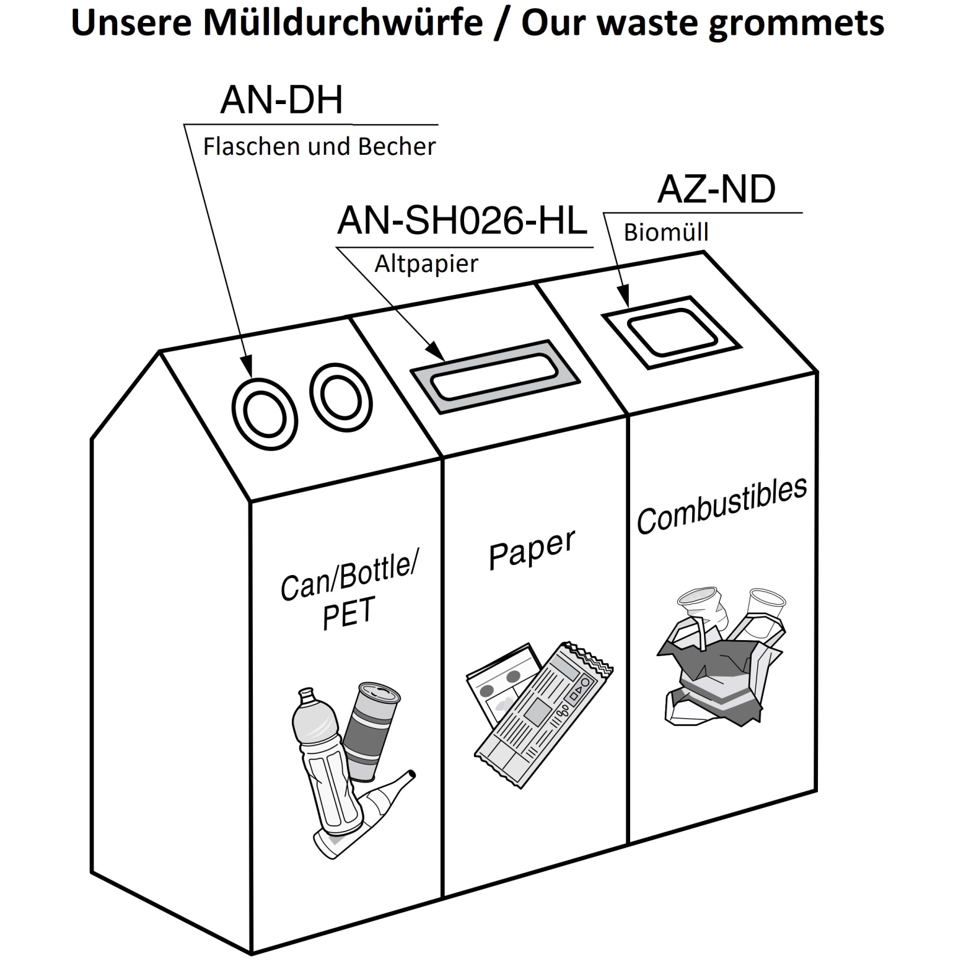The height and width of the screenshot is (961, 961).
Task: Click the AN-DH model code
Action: click(x=281, y=100)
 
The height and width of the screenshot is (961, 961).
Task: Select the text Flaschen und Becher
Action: click(x=319, y=147)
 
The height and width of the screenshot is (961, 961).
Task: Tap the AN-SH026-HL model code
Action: click(x=462, y=221)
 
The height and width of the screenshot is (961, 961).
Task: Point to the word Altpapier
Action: click(x=426, y=264)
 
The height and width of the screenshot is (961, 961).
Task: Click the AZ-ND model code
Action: click(x=716, y=189)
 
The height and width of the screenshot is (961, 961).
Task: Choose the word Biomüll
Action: click(x=666, y=232)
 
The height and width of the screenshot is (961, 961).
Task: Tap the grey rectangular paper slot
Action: click(x=495, y=376)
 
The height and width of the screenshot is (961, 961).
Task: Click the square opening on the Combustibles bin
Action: click(x=672, y=331)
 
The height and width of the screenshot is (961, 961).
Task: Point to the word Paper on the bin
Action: click(x=532, y=550)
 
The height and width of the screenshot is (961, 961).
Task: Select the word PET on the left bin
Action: click(x=349, y=613)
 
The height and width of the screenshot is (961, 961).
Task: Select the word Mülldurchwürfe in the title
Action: click(x=343, y=23)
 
